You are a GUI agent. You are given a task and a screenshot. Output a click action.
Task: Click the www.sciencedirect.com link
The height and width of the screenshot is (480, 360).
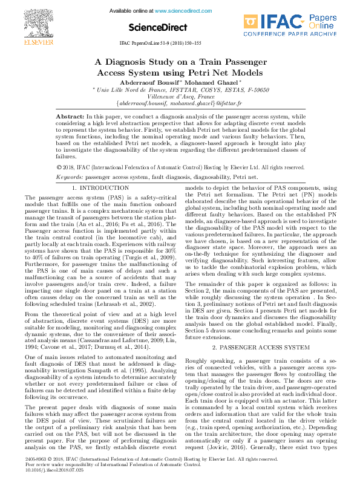pos(177,11)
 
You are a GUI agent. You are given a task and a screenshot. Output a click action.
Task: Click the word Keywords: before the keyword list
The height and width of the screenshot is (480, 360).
pos(70,177)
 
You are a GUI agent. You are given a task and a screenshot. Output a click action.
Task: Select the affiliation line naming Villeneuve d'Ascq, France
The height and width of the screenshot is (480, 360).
pos(180,96)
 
